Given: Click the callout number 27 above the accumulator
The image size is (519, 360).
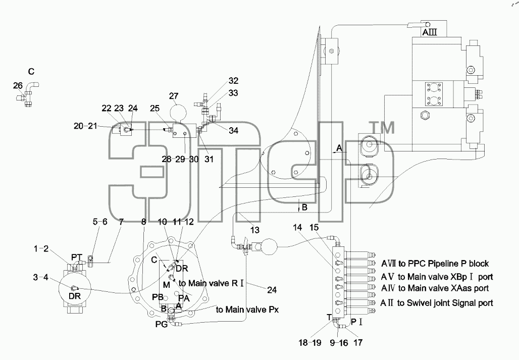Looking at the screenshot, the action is [x=174, y=96].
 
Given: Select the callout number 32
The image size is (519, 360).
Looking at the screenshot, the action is [x=233, y=81].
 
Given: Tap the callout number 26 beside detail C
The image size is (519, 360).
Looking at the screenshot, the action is [x=18, y=86].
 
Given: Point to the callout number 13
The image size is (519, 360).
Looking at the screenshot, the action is [x=255, y=230].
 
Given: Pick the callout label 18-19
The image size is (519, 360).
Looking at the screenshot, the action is [x=310, y=342].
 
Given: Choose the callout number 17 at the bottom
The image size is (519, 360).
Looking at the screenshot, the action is [x=358, y=342].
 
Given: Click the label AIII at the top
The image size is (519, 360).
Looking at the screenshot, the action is [x=430, y=32].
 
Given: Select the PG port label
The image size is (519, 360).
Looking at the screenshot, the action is [x=161, y=324].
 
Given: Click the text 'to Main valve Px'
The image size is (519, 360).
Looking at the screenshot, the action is [x=247, y=310].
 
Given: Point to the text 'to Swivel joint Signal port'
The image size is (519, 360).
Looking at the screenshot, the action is [x=445, y=303].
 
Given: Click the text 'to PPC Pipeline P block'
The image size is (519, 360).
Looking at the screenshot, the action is [x=444, y=264].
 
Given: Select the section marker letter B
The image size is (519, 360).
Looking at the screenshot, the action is [x=304, y=208].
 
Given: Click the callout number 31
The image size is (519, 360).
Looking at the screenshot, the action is [x=209, y=159].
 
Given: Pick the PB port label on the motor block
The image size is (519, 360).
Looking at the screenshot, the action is [x=158, y=297].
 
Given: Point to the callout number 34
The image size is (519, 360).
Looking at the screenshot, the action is [x=234, y=130].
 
